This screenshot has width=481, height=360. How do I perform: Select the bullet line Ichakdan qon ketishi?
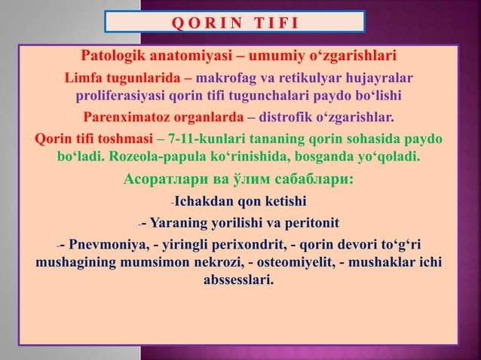[240, 201]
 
